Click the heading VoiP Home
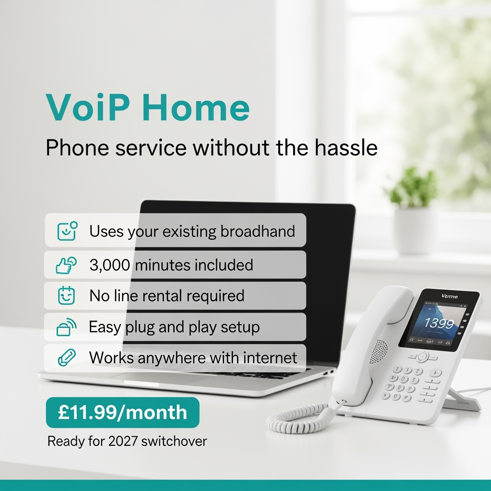[148, 108]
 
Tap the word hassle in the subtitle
[347, 148]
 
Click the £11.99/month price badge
[122, 412]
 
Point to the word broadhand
[257, 232]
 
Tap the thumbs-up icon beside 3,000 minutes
[66, 265]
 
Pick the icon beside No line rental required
[66, 296]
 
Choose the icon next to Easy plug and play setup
[66, 327]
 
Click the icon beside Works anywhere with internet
[66, 358]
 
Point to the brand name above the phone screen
[449, 296]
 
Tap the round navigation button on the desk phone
[422, 356]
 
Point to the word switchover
[174, 441]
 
